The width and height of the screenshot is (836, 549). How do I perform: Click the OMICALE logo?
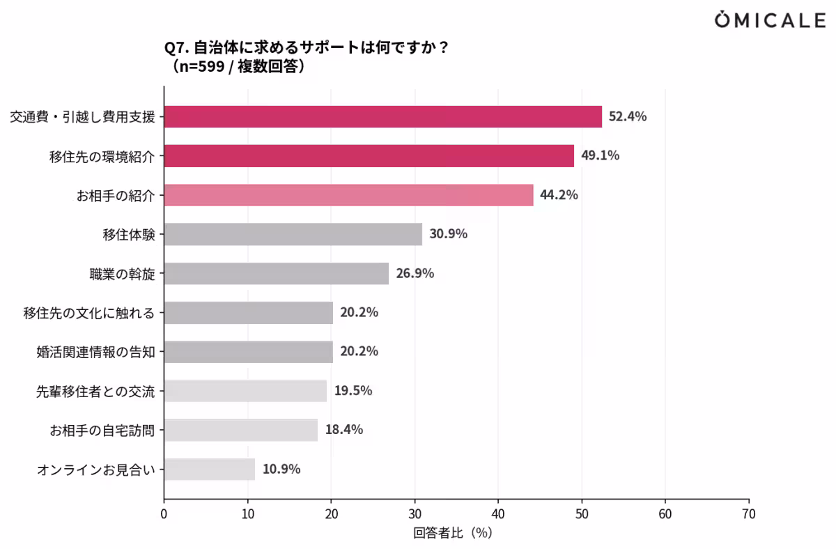[x=770, y=21]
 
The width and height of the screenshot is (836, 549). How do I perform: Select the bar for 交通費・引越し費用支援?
[x=382, y=117]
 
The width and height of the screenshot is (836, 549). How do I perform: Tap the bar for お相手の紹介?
[x=348, y=195]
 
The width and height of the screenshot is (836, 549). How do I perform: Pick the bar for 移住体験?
[x=293, y=234]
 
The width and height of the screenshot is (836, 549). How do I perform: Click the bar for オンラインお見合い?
[x=209, y=469]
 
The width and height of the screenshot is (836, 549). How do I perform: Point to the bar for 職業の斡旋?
[x=276, y=273]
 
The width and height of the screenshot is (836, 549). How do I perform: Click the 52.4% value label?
[x=628, y=117]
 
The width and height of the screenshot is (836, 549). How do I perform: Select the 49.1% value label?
[x=600, y=156]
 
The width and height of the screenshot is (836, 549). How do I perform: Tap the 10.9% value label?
[x=281, y=469]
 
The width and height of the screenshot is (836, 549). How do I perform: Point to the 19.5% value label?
[x=353, y=391]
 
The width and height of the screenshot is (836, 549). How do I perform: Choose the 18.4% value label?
[x=344, y=430]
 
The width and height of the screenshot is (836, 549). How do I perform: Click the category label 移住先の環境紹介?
[x=102, y=156]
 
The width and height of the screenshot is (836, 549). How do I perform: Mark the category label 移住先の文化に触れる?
[x=88, y=313]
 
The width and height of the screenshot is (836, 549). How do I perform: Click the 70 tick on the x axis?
[x=749, y=514]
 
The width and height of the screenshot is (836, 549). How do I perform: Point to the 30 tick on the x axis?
[x=415, y=514]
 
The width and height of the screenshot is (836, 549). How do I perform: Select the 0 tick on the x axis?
[x=164, y=514]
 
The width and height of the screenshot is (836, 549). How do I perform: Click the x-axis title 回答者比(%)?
[x=453, y=533]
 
